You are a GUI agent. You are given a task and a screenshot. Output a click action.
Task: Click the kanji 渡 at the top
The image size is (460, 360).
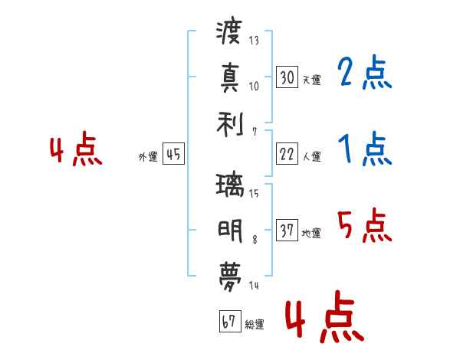229,31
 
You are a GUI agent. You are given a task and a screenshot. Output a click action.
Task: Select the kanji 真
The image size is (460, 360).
230,77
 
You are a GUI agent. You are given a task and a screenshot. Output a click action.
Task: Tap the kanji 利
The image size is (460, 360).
230,125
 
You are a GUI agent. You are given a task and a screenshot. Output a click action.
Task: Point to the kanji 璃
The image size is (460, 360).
230,185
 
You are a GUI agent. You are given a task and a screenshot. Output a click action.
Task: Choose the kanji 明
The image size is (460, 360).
230,231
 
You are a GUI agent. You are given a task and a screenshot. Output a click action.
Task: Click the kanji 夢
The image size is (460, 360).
230,277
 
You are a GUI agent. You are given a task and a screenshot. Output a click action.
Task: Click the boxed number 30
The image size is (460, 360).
287,77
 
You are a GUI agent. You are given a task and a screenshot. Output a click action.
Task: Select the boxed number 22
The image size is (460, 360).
287,154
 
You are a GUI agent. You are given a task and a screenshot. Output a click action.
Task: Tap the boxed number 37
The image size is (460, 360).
287,230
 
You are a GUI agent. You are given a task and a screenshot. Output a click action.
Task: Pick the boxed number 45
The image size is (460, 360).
174,154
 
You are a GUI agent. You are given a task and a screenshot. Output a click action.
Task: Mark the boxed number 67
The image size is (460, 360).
230,321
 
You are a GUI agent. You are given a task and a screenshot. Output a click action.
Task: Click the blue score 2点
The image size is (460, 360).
365,73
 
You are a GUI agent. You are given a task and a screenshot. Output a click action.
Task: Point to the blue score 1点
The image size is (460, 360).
365,149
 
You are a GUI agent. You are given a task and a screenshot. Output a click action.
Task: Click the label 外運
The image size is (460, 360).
148,156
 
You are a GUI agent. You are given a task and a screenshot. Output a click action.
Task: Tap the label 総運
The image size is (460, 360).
255,325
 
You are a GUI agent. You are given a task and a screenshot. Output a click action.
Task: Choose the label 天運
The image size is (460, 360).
312,80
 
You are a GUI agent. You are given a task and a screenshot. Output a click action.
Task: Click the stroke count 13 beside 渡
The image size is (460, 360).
254,40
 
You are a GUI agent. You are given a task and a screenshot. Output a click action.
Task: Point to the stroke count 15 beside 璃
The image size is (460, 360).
254,193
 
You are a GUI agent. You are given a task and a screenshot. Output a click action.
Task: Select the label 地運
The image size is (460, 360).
311,234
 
